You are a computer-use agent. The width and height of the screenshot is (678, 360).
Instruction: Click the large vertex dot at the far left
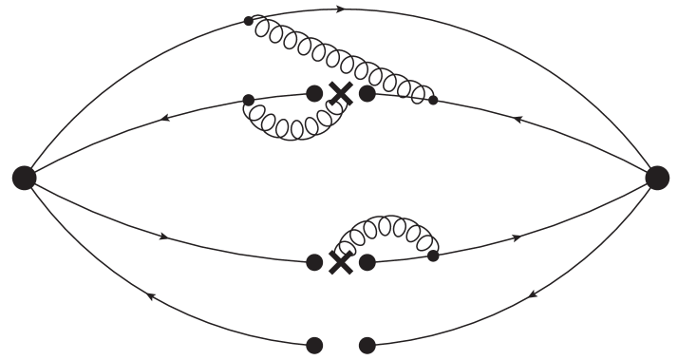pos(25,177)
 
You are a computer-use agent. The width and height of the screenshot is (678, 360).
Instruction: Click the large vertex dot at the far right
pos(656,177)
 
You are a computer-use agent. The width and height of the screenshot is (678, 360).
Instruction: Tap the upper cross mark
pos(340,93)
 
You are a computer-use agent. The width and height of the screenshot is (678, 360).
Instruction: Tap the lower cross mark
pos(340,262)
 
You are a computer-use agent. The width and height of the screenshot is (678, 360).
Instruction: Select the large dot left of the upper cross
pos(314,93)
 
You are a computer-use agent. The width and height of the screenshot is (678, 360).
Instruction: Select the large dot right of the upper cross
pos(367,93)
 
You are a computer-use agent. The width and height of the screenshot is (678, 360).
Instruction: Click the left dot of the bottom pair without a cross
pos(314,344)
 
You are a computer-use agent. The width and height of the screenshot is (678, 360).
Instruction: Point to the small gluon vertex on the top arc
pos(249,20)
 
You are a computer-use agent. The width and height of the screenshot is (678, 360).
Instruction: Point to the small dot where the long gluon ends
pos(433,99)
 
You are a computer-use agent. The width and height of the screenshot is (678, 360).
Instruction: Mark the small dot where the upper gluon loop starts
pos(248,99)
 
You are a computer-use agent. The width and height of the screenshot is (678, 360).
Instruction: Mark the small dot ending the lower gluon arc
pos(433,255)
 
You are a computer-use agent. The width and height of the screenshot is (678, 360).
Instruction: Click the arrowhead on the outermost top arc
pos(340,9)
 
